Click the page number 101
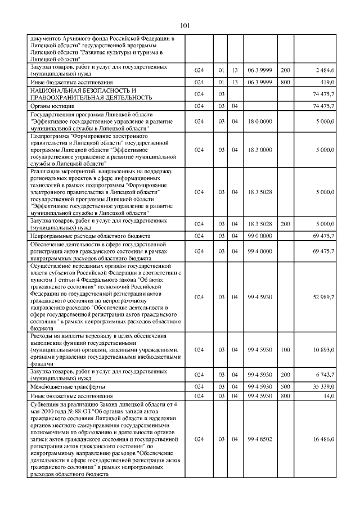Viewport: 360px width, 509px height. [x=186, y=25]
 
